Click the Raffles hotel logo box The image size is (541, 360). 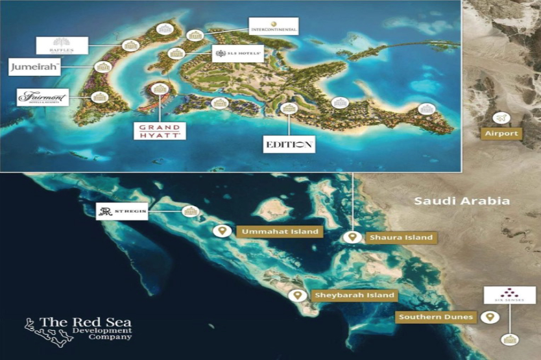tap(62, 45)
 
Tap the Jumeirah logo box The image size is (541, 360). tap(35, 66)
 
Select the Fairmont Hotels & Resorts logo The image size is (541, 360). tap(43, 97)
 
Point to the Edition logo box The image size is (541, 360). tap(290, 144)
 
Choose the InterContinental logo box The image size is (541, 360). tap(273, 27)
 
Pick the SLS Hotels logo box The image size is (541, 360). tap(237, 53)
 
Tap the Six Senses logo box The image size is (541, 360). tap(510, 295)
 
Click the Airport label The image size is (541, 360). tap(501, 134)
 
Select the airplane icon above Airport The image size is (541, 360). tap(501, 118)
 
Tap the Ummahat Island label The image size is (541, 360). tap(280, 232)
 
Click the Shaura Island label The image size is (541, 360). tap(400, 237)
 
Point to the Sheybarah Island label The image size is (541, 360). tap(354, 295)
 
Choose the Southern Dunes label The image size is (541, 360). tap(435, 318)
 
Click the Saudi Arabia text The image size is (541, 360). tap(462, 201)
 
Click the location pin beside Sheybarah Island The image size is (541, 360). tap(298, 295)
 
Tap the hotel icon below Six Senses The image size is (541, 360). tap(510, 339)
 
